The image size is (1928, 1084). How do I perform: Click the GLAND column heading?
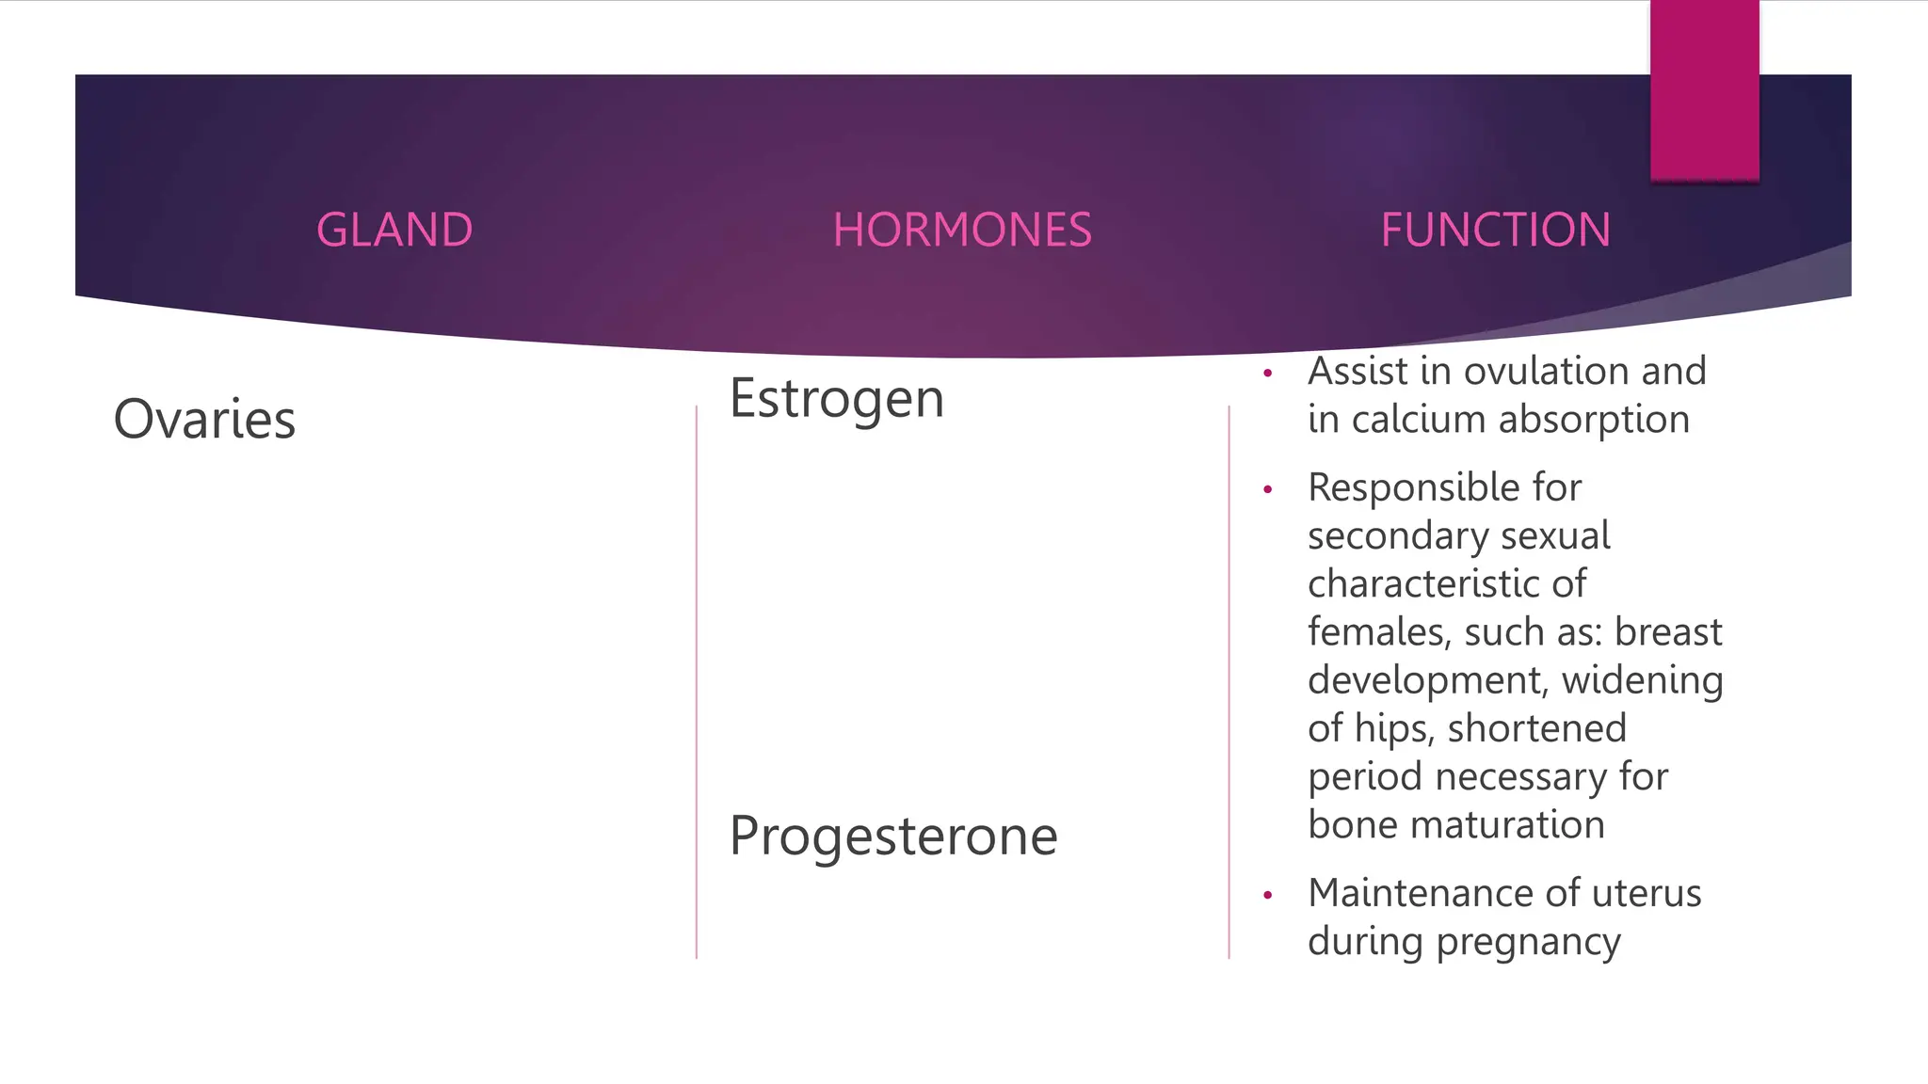pyautogui.click(x=394, y=231)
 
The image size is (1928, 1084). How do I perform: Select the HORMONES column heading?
pyautogui.click(x=962, y=231)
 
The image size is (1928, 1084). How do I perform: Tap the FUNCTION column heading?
pyautogui.click(x=1495, y=231)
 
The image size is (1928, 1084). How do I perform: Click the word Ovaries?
pyautogui.click(x=204, y=420)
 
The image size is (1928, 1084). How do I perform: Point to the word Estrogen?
pyautogui.click(x=836, y=399)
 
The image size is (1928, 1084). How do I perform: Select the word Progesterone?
pyautogui.click(x=893, y=837)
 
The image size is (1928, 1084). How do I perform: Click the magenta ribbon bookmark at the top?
pyautogui.click(x=1704, y=90)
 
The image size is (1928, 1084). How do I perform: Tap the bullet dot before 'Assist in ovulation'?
pyautogui.click(x=1268, y=375)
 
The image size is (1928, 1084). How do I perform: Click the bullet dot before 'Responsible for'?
pyautogui.click(x=1268, y=490)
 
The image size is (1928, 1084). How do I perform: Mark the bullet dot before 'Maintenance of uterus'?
pyautogui.click(x=1268, y=896)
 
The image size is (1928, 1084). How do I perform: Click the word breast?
pyautogui.click(x=1668, y=631)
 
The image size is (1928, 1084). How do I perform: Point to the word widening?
pyautogui.click(x=1642, y=680)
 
